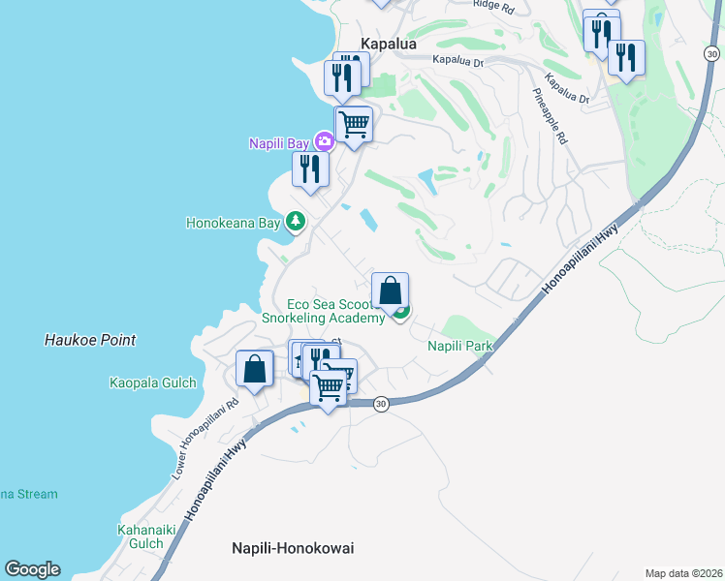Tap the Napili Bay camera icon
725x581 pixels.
pyautogui.click(x=325, y=143)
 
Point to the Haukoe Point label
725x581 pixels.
pyautogui.click(x=90, y=340)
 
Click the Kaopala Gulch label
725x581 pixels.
pyautogui.click(x=152, y=382)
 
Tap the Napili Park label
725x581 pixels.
pyautogui.click(x=461, y=346)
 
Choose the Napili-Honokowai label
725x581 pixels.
pyautogui.click(x=293, y=548)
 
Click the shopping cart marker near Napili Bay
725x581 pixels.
pyautogui.click(x=354, y=124)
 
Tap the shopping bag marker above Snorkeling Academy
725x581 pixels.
pyautogui.click(x=390, y=290)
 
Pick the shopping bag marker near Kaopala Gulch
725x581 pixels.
pyautogui.click(x=254, y=368)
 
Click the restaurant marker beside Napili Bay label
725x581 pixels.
pyautogui.click(x=310, y=168)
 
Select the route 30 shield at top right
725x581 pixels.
pyautogui.click(x=711, y=53)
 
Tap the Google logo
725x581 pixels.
pyautogui.click(x=32, y=569)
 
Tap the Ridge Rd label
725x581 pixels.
pyautogui.click(x=491, y=4)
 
